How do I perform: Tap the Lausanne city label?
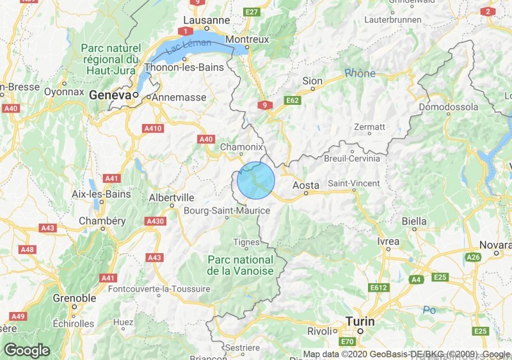[206, 20]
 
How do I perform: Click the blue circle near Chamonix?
[256, 180]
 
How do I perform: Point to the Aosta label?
[305, 185]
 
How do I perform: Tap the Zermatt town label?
[369, 127]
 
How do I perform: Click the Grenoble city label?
[74, 297]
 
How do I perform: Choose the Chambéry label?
[102, 221]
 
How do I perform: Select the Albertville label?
[171, 198]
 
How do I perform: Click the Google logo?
[26, 350]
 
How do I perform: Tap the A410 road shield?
[154, 129]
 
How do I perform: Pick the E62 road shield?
[293, 100]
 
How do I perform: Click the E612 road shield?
[380, 288]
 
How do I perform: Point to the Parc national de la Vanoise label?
[240, 265]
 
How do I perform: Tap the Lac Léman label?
[184, 45]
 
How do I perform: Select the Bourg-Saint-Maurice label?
[227, 210]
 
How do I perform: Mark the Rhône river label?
[360, 74]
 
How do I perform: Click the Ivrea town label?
[388, 241]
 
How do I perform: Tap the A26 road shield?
[474, 257]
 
